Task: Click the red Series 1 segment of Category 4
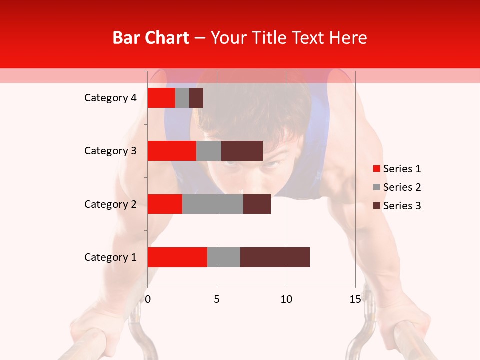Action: click(x=161, y=98)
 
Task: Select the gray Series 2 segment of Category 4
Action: click(x=182, y=98)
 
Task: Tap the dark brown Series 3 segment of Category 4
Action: click(x=196, y=98)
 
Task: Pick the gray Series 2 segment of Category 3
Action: click(x=209, y=151)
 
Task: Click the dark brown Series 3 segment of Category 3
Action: click(x=242, y=151)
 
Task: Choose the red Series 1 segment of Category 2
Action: click(x=165, y=204)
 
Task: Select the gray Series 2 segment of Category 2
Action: click(x=213, y=204)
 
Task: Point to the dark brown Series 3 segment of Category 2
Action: click(x=257, y=204)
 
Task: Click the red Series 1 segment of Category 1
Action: click(x=177, y=257)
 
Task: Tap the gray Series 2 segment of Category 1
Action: click(x=224, y=257)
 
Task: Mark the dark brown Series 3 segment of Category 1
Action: click(x=275, y=257)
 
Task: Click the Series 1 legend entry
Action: click(x=397, y=169)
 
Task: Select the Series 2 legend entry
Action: click(x=397, y=187)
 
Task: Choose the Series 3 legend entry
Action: click(x=397, y=206)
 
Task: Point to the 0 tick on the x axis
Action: click(x=148, y=299)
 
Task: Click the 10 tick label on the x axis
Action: click(x=286, y=299)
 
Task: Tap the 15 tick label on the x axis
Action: click(x=355, y=299)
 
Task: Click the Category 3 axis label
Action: click(x=110, y=151)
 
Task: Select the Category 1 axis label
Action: click(x=110, y=257)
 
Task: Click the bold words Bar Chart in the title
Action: click(x=151, y=38)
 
